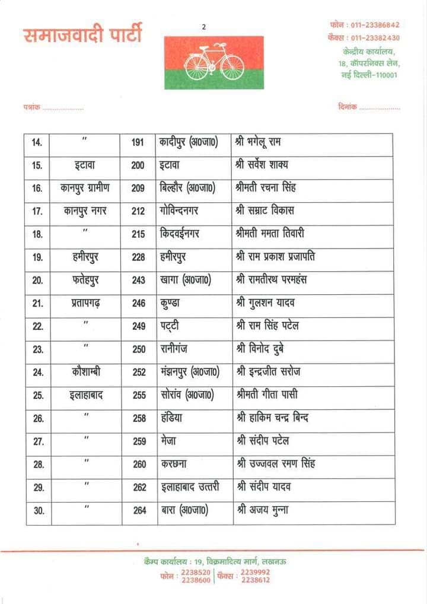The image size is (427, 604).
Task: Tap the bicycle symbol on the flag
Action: coord(214,61)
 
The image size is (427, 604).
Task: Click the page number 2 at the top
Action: coord(203,27)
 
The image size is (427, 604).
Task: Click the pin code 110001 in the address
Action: coord(385,75)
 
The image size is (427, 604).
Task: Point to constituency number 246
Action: coord(139,303)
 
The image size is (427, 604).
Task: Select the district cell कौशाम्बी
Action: coord(86,372)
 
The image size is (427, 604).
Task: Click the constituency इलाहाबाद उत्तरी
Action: coord(190,487)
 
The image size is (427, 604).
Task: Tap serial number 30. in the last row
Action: coord(37,510)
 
